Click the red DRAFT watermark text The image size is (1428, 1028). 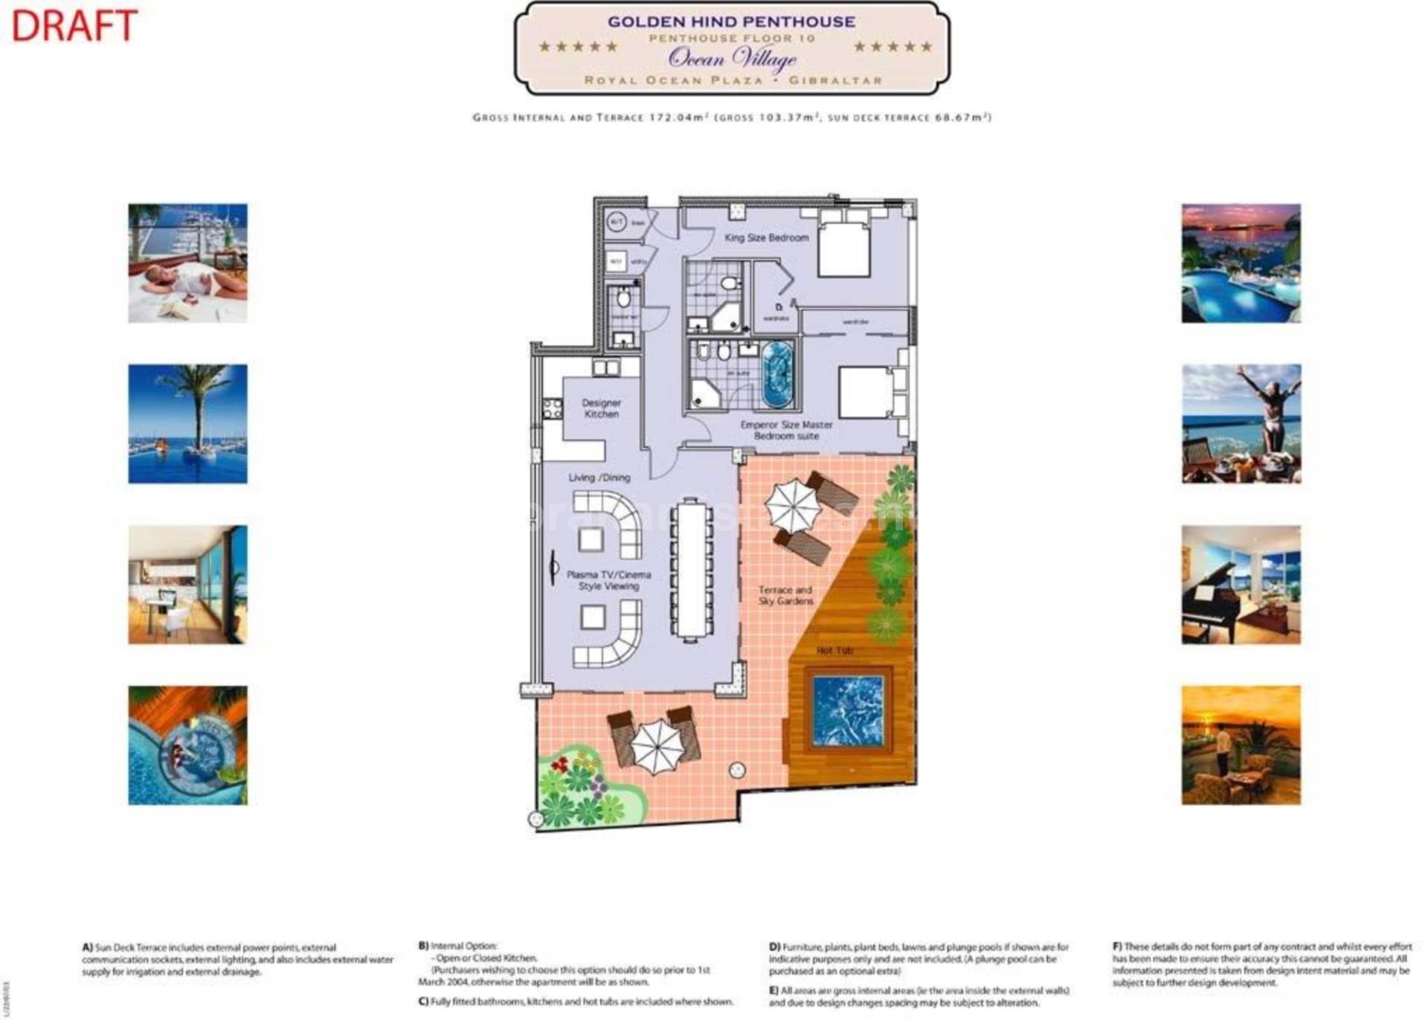click(74, 25)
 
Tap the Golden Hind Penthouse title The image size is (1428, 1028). click(731, 22)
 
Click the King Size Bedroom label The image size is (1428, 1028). click(766, 237)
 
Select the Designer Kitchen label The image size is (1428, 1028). click(601, 408)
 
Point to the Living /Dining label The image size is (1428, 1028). click(599, 478)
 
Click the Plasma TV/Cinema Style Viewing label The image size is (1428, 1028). click(608, 580)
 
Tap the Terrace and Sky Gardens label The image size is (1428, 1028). click(785, 595)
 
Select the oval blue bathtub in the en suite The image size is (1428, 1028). click(778, 373)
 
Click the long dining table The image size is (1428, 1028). click(692, 569)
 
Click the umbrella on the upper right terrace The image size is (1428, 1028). click(793, 505)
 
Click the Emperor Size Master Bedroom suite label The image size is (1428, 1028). click(786, 430)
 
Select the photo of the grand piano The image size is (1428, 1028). click(1241, 585)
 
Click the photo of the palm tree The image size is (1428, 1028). click(187, 423)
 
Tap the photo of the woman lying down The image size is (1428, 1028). click(187, 263)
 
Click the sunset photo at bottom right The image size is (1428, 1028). click(1241, 745)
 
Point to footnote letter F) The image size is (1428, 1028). click(1117, 947)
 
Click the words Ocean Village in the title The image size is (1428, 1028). click(731, 57)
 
